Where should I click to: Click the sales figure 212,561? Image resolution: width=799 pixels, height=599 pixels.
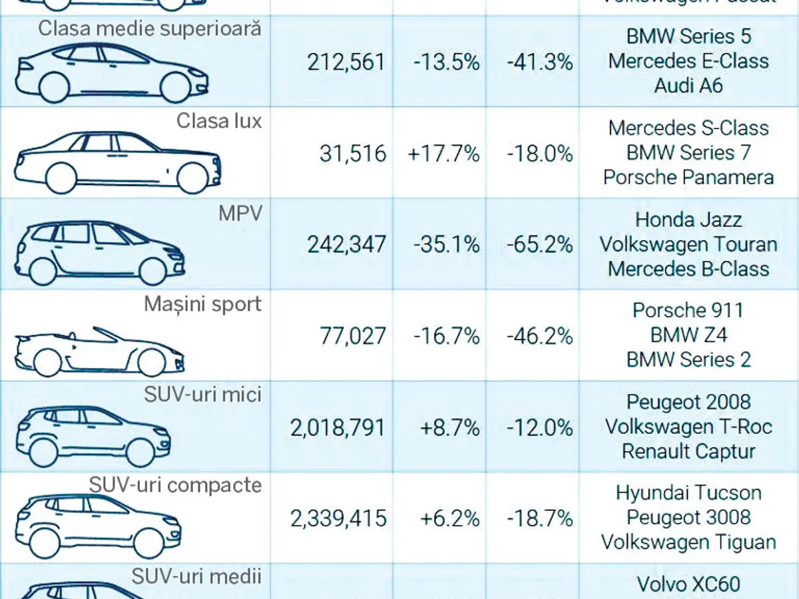[x=346, y=62]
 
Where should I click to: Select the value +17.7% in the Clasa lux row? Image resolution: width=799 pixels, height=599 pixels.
[x=444, y=154]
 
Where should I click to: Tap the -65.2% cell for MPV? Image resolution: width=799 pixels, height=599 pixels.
[x=539, y=245]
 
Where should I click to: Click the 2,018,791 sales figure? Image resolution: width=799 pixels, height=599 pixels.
[x=338, y=427]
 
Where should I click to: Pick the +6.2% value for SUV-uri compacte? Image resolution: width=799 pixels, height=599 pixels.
[x=450, y=518]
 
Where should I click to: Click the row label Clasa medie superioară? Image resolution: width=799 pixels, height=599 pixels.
[x=150, y=29]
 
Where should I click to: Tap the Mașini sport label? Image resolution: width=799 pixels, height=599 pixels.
[x=203, y=304]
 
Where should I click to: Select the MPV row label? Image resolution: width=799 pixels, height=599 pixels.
[x=240, y=214]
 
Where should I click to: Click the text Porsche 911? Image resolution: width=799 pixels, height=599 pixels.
[x=688, y=311]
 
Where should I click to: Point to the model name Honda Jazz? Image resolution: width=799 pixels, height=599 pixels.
[x=688, y=220]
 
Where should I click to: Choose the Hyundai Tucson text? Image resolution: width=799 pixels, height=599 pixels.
[x=688, y=493]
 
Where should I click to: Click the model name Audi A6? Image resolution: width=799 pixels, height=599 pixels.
[x=688, y=86]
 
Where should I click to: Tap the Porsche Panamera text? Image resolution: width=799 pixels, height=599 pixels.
[x=688, y=178]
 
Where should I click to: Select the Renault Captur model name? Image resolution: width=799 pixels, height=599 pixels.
[x=688, y=451]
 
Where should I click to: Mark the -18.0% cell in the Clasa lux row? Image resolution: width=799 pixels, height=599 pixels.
[x=539, y=154]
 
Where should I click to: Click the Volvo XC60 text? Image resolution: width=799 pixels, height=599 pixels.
[x=688, y=584]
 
